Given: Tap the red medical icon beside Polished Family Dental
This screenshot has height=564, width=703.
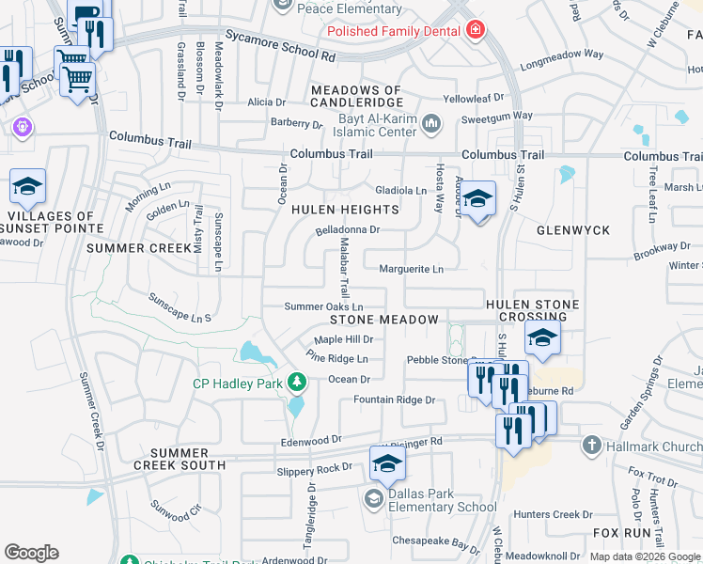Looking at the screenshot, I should (476, 31).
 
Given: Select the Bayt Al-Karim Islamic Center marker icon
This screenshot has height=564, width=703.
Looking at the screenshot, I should (431, 122).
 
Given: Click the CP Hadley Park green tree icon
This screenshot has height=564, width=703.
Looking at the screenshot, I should (297, 382).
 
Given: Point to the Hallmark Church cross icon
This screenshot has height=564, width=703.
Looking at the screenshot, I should (591, 445).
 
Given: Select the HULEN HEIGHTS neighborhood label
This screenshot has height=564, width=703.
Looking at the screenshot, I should (332, 210).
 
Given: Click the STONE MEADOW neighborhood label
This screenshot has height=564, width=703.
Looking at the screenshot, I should (383, 320).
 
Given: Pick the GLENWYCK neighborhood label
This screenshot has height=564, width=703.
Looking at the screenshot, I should (572, 229).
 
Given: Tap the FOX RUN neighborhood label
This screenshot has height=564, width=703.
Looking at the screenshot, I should (621, 532).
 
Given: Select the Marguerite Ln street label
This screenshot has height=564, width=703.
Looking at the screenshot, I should (411, 269).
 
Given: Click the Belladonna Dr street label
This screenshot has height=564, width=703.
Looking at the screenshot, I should (347, 228).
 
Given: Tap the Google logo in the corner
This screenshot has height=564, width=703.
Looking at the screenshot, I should (31, 552).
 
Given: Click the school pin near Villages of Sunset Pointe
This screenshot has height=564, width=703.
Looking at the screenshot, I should (27, 186).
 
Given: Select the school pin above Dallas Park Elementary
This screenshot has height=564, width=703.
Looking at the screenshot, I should (386, 463).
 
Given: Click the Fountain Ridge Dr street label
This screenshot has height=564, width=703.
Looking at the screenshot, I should (394, 399).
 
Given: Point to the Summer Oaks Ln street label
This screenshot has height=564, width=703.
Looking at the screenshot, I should (323, 306).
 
